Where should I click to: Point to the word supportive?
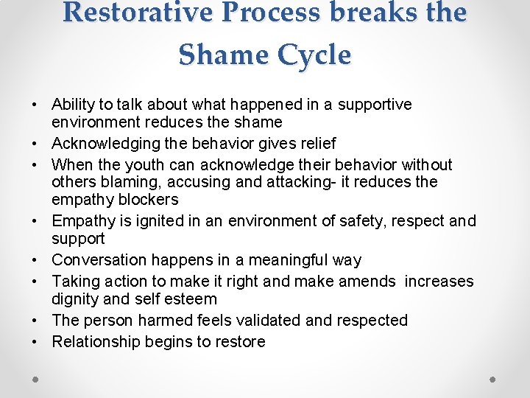point(375,105)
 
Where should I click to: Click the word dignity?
point(76,299)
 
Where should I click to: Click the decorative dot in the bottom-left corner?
point(35,379)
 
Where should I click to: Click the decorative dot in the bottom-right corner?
point(493,379)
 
